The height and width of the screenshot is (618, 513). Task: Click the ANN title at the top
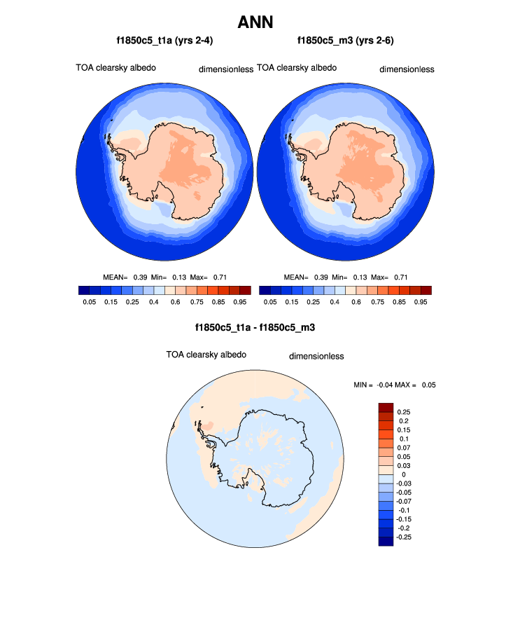255,22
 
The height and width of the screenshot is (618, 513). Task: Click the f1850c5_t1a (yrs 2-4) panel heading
164,41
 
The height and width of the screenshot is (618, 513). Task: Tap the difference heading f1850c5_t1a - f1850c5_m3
255,327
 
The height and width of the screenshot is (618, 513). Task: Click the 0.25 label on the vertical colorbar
404,411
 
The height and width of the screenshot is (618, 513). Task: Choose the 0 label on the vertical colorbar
404,474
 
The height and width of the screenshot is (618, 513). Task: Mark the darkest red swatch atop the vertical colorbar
386,407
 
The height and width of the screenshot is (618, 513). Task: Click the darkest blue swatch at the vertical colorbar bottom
386,541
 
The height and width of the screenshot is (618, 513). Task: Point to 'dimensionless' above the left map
226,69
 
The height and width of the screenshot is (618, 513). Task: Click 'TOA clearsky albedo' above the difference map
206,355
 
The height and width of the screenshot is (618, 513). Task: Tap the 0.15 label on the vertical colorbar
404,430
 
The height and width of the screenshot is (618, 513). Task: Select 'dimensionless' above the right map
407,69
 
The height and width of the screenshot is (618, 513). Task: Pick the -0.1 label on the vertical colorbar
405,511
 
